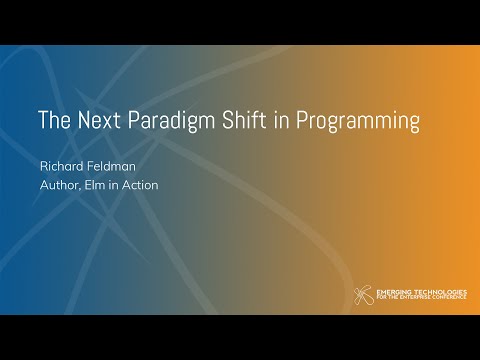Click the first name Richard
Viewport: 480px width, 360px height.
point(62,166)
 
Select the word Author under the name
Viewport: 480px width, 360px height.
point(59,184)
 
